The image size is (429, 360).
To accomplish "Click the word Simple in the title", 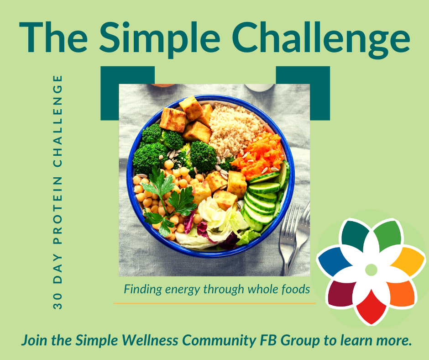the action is tap(160, 38).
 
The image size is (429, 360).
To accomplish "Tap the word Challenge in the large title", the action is tap(321, 38).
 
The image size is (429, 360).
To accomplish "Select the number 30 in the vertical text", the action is tap(58, 302).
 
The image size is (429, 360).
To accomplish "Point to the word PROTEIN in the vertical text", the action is tap(58, 210).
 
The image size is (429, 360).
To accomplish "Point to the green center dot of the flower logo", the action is tap(371, 270).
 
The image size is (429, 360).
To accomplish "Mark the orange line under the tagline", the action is tap(214, 303).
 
